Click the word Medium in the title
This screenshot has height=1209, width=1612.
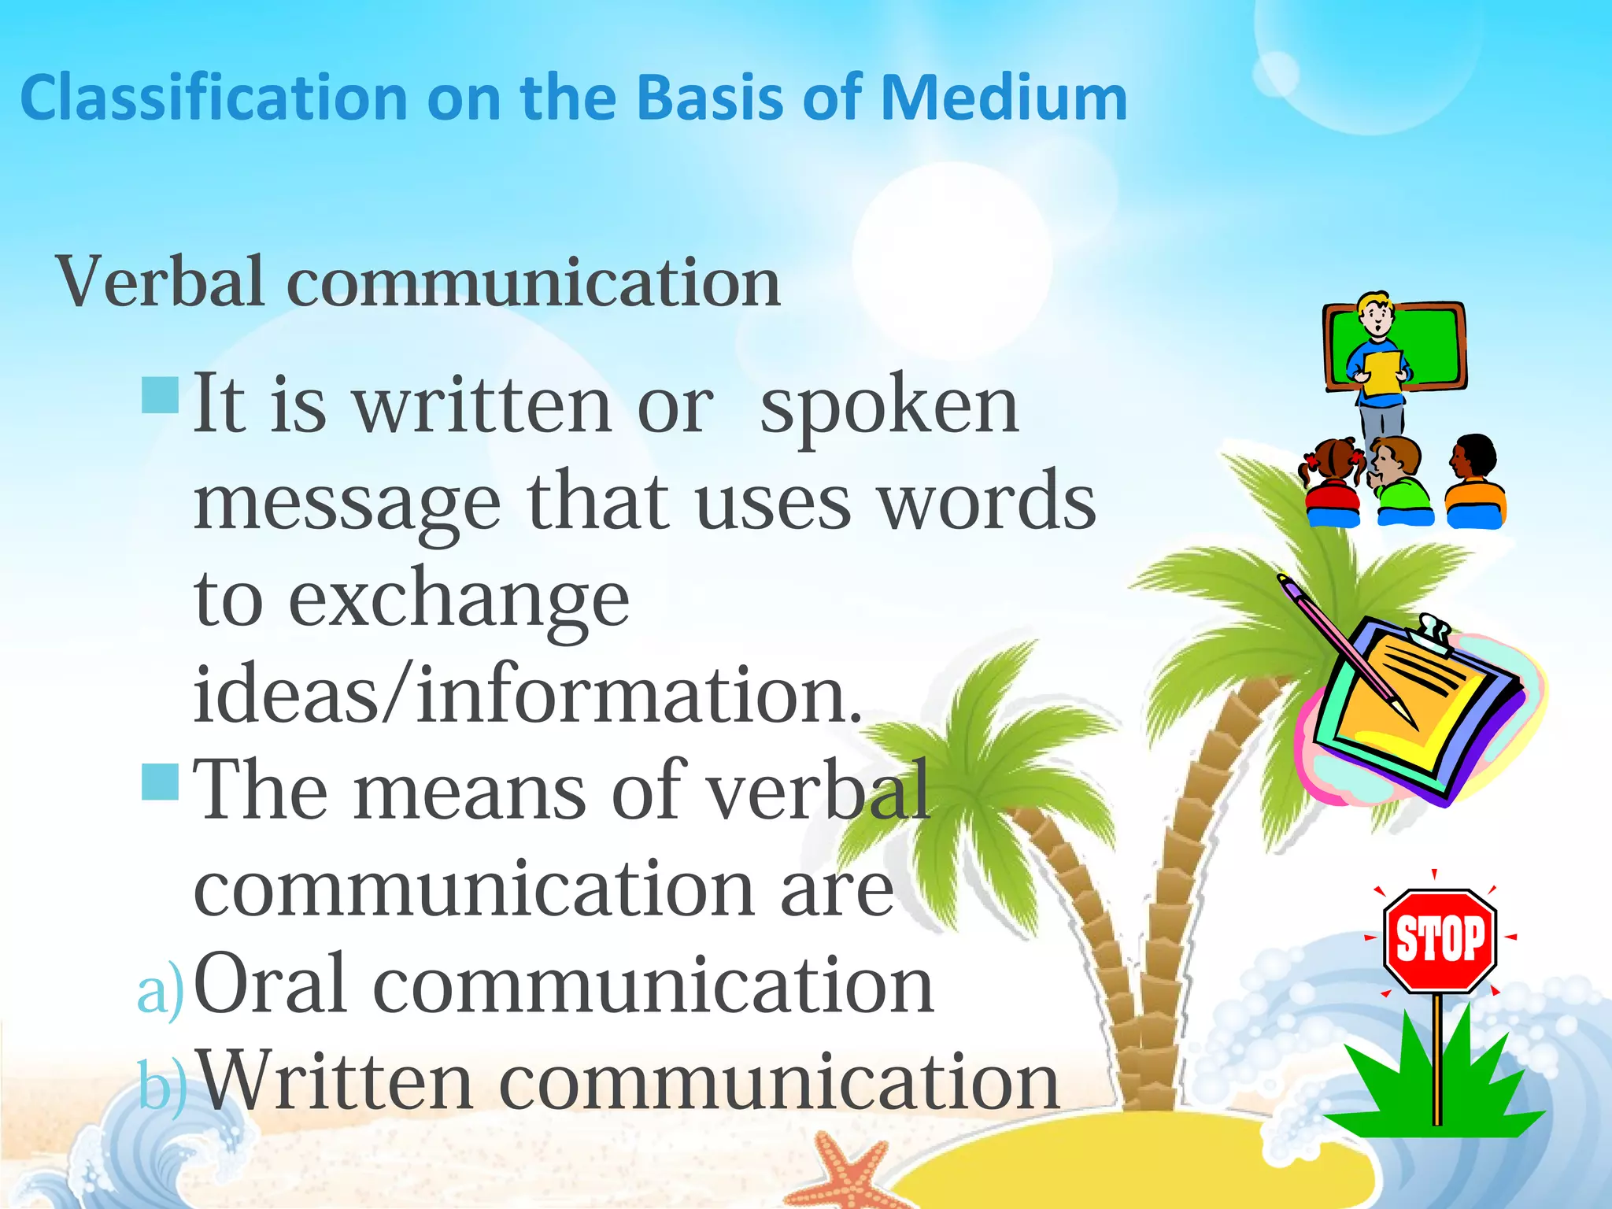[x=1004, y=98]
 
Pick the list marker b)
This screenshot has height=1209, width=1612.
[x=163, y=1085]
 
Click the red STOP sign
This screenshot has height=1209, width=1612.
[x=1440, y=940]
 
